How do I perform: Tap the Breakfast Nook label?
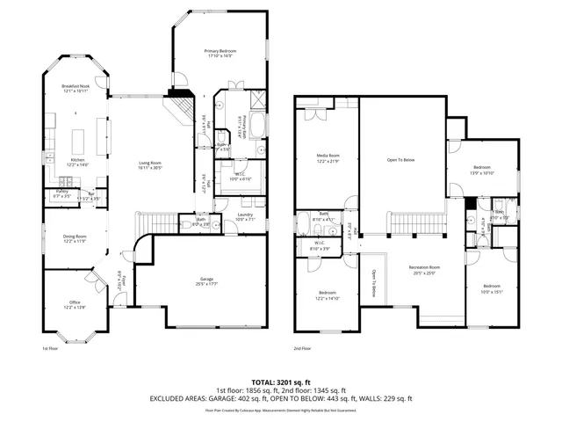[x=75, y=86]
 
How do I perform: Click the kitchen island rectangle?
[x=79, y=139]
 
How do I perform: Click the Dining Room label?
[x=75, y=236]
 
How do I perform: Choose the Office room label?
[x=75, y=303]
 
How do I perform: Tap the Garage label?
[x=204, y=280]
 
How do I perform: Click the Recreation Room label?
[x=423, y=266]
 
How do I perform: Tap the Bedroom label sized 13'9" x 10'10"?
[x=482, y=167]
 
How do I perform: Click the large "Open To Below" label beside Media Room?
[x=400, y=160]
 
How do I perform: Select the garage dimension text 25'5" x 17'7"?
[x=204, y=284]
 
